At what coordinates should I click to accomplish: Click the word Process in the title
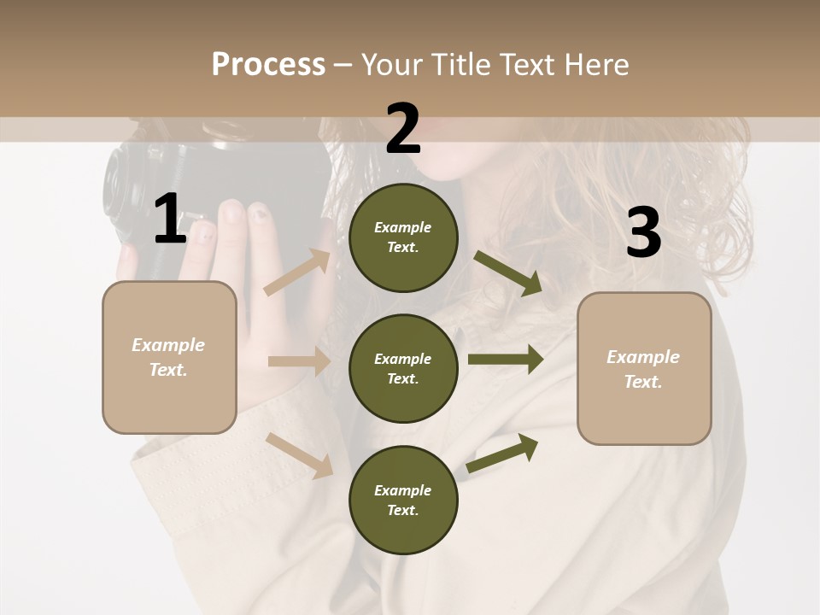[268, 64]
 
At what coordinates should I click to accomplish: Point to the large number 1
[170, 219]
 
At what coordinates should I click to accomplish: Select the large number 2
[403, 129]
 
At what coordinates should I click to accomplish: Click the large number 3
[643, 233]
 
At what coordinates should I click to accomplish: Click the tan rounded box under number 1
[169, 357]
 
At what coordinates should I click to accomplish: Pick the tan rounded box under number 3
[644, 369]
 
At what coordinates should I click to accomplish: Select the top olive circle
[403, 237]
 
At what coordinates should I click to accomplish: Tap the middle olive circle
[403, 368]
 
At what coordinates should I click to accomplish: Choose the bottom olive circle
[403, 500]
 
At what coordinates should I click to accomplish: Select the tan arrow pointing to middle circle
[299, 361]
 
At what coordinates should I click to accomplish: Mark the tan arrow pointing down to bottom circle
[300, 454]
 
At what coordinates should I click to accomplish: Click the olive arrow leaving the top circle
[508, 272]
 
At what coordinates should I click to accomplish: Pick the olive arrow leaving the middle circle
[506, 360]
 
